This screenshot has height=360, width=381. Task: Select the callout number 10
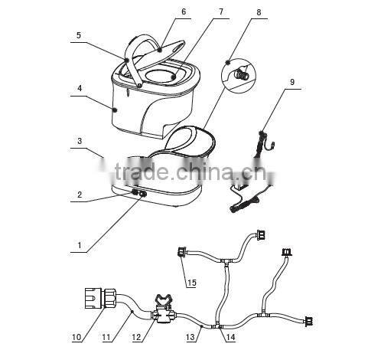click(76, 336)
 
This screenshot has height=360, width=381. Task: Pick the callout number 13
click(190, 336)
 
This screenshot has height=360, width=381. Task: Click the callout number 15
click(191, 283)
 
